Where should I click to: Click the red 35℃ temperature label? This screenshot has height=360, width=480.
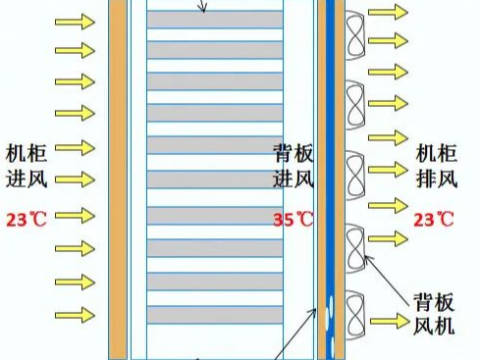(293, 219)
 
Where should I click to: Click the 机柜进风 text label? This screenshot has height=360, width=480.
(27, 166)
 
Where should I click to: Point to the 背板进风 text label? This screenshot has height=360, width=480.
(293, 166)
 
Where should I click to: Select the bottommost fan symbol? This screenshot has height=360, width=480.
(353, 312)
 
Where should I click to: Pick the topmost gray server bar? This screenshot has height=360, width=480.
(214, 19)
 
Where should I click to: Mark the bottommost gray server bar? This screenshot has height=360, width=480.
(214, 314)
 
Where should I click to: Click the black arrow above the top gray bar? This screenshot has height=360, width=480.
(203, 6)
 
